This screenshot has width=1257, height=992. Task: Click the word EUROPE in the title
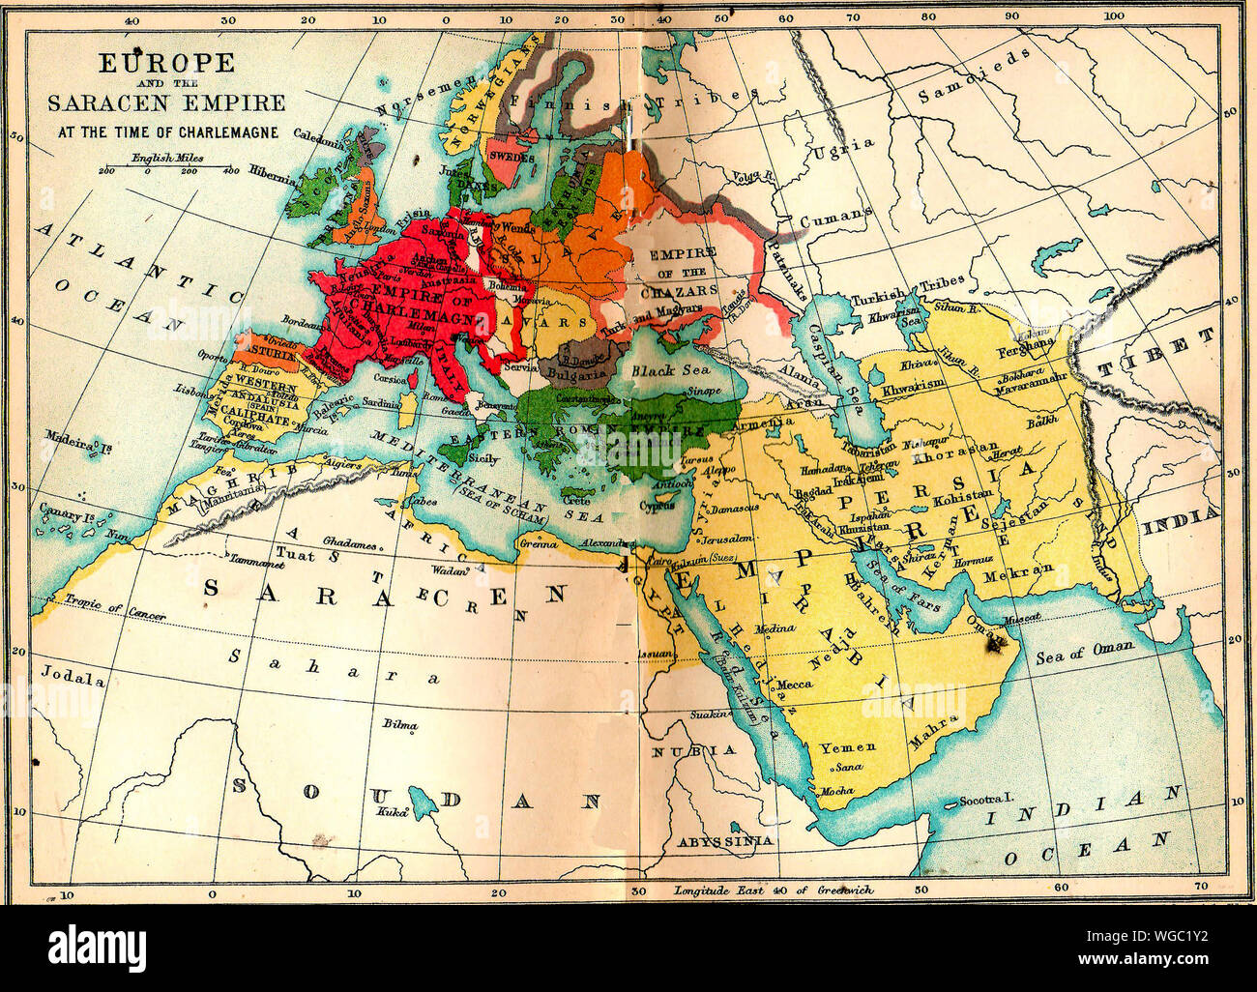[167, 65]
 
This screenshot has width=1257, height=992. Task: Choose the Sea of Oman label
[1083, 656]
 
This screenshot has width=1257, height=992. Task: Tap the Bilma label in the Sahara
[399, 724]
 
